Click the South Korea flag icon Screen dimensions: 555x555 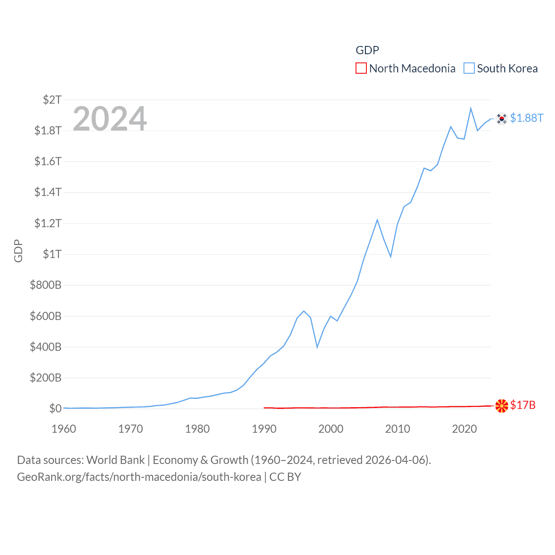(502, 118)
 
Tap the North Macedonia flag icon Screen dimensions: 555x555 (502, 406)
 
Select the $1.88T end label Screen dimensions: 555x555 (526, 118)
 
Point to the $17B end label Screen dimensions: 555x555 (523, 405)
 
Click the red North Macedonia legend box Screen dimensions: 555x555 (361, 69)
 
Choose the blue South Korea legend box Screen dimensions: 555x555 (469, 69)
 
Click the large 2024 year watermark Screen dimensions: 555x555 (110, 119)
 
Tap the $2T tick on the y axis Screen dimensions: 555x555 (52, 100)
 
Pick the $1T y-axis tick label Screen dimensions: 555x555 (52, 254)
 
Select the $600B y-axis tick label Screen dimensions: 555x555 (46, 316)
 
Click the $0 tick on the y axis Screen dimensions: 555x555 (55, 408)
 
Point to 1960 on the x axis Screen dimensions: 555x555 (64, 429)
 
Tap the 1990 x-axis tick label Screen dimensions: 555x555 (264, 429)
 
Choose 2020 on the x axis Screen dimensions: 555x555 (464, 429)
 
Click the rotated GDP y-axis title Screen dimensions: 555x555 (18, 251)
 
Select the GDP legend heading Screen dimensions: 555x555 (367, 50)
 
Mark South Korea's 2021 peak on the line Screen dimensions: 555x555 (471, 108)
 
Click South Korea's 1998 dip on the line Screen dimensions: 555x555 (317, 347)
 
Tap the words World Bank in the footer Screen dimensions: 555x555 (116, 460)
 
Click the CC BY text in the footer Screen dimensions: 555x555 (285, 477)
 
